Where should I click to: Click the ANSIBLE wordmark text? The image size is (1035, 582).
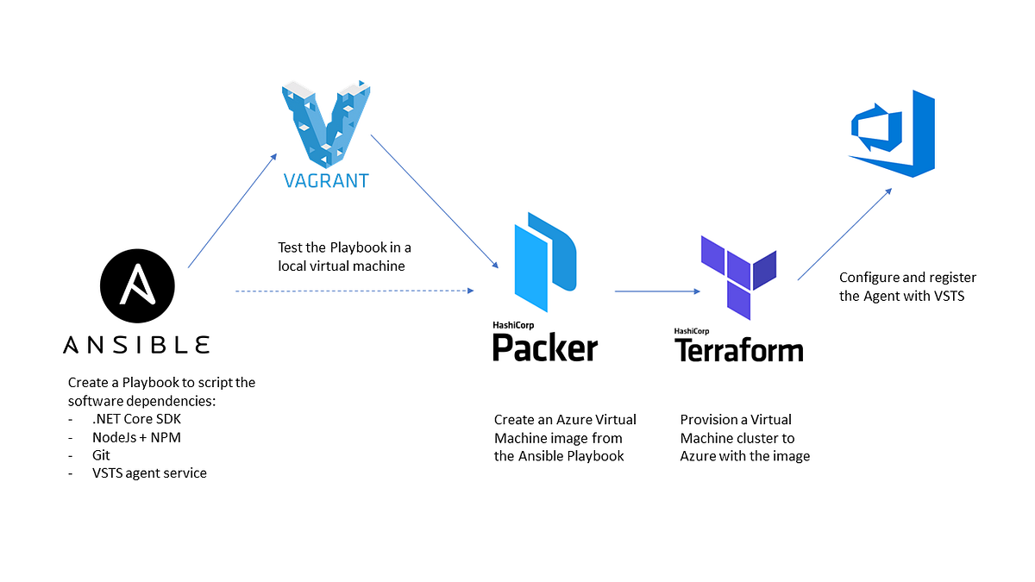pyautogui.click(x=136, y=345)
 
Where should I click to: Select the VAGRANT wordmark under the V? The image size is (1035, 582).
pyautogui.click(x=327, y=181)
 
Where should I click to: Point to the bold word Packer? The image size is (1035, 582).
pyautogui.click(x=544, y=347)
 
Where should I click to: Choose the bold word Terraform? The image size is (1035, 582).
pyautogui.click(x=738, y=349)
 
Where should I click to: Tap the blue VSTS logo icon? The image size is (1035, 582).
pyautogui.click(x=892, y=134)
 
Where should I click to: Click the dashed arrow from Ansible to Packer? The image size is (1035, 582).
pyautogui.click(x=354, y=291)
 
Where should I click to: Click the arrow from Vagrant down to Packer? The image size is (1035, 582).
pyautogui.click(x=436, y=201)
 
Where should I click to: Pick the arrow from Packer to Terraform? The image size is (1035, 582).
pyautogui.click(x=656, y=291)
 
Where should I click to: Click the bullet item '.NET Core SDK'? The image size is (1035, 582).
pyautogui.click(x=136, y=419)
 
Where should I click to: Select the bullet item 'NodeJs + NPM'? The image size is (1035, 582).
pyautogui.click(x=136, y=437)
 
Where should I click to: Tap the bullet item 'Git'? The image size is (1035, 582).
pyautogui.click(x=101, y=455)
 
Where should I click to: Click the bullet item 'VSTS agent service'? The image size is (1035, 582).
pyautogui.click(x=149, y=473)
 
